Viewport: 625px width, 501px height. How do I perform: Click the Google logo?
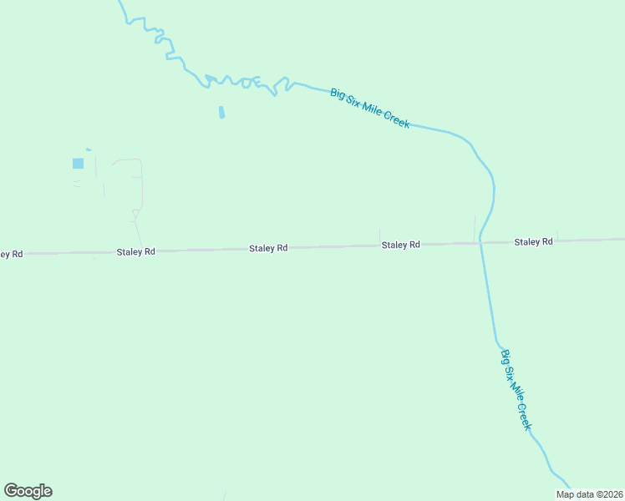[28, 491]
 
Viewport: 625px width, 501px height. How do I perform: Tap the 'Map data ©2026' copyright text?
[589, 494]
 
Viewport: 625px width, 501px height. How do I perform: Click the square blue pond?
[79, 164]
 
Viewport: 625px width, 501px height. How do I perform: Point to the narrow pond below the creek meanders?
[221, 112]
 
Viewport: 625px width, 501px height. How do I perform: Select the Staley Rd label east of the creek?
[533, 241]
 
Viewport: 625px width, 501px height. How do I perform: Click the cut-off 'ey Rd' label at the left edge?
[11, 253]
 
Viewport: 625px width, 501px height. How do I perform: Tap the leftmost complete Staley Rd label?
[135, 250]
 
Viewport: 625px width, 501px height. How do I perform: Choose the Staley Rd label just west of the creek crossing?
[400, 245]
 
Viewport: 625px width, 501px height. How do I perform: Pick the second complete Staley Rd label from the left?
[268, 248]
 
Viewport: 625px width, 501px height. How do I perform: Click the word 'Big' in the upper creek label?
[338, 94]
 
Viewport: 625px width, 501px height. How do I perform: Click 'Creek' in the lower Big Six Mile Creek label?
[525, 417]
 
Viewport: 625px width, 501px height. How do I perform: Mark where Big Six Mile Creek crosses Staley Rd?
[480, 242]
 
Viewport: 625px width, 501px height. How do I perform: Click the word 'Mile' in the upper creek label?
[370, 108]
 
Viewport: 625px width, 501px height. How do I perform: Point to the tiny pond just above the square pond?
[88, 149]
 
